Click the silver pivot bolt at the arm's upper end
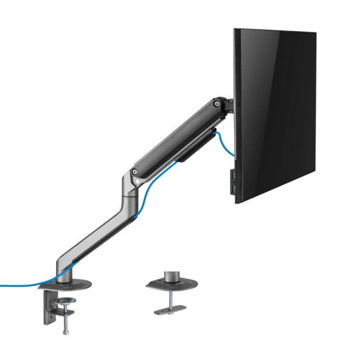pos(215,103)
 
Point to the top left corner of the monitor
pos(235,30)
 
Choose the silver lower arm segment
pos(93,236)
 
